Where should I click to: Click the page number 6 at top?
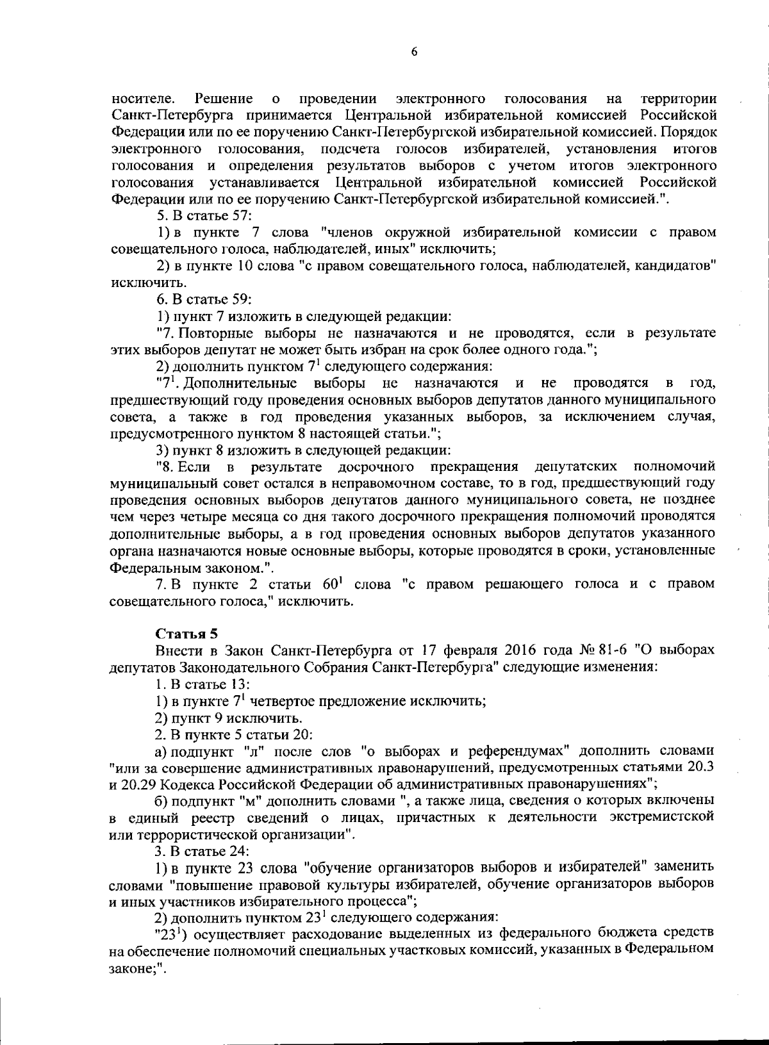[414, 53]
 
